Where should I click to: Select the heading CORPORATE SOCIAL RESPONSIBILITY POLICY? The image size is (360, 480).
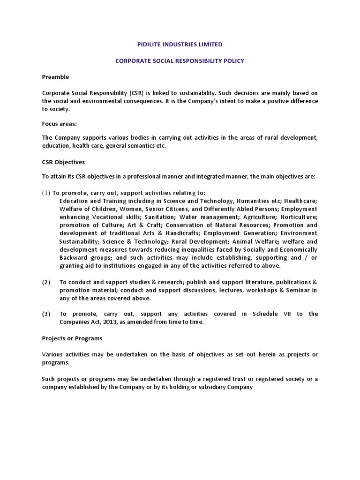click(x=180, y=61)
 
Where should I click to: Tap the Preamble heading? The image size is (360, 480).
click(x=55, y=77)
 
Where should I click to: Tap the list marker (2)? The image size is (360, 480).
click(x=46, y=282)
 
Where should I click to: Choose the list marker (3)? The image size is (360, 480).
click(x=46, y=314)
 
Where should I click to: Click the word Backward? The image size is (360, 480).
click(x=74, y=257)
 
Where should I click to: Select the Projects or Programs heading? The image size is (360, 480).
click(x=72, y=338)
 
